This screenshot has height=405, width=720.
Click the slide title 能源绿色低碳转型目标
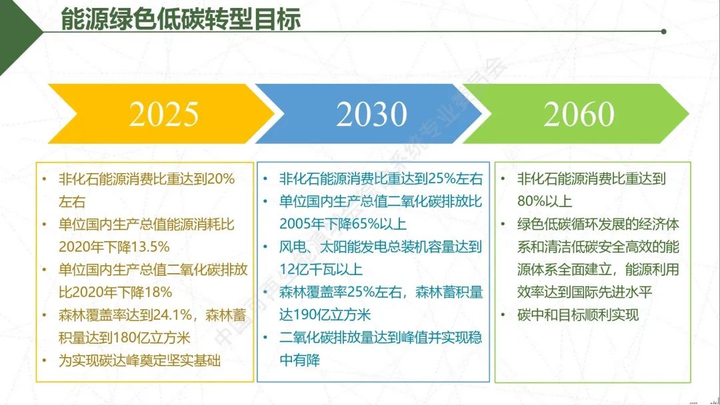coord(181,19)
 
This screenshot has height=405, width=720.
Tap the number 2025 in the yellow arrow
coord(163,114)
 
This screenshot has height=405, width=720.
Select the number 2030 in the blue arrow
coord(371,114)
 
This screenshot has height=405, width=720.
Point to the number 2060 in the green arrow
coord(579,114)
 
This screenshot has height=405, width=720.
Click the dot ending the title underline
coord(663,32)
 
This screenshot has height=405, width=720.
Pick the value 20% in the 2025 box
coord(221,179)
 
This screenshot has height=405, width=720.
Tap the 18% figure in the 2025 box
coord(157,292)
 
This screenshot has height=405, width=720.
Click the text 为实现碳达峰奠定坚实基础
coord(139,360)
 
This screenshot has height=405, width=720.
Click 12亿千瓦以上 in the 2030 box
coord(321,269)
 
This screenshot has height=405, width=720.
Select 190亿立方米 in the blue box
coord(330,314)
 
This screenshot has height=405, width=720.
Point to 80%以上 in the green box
coord(545,201)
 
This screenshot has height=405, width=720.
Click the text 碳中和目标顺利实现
coord(577,314)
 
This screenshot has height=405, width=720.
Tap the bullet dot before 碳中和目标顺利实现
coord(503,315)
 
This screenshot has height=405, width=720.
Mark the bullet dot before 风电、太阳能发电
coord(265,247)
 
